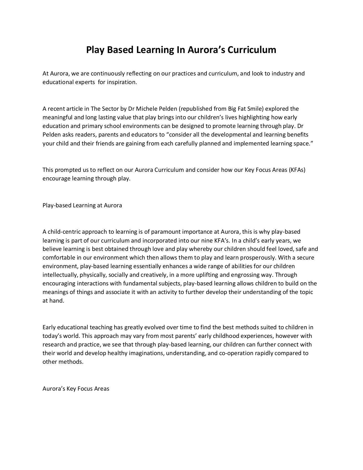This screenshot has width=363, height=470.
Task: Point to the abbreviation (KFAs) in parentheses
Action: (297, 170)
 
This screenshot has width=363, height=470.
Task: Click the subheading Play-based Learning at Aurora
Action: (82, 205)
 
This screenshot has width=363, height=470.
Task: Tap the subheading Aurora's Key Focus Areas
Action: (76, 389)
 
